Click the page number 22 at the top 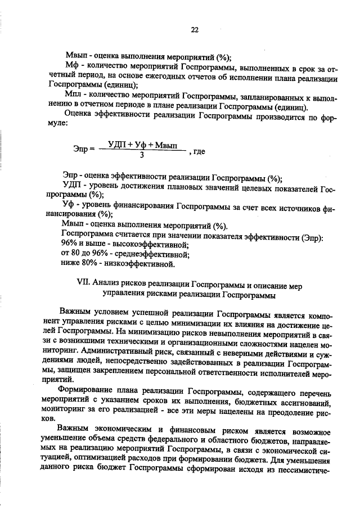point(195,30)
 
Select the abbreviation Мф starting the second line point(71,66)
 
